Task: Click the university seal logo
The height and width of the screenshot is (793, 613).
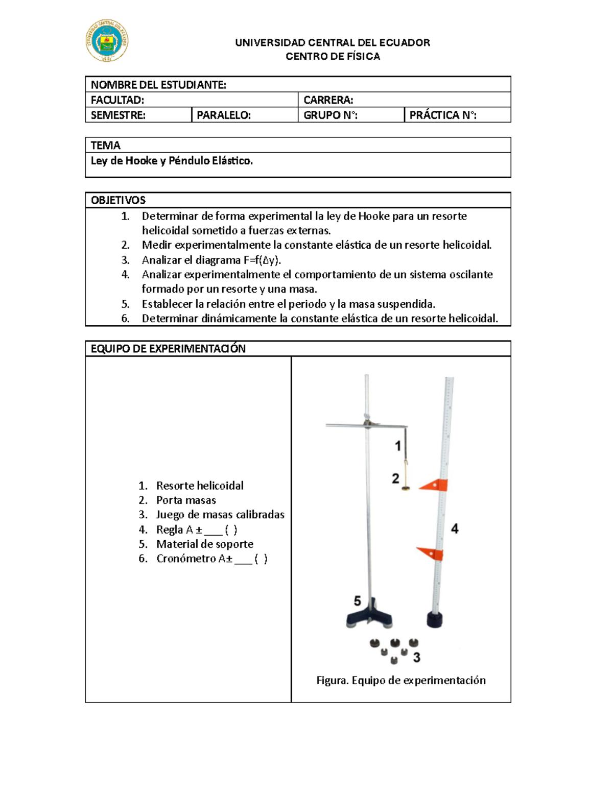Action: [x=107, y=41]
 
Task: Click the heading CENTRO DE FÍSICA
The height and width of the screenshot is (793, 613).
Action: [x=333, y=56]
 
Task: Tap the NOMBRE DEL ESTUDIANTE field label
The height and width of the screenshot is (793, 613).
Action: [x=158, y=85]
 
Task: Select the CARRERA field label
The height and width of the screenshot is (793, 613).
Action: [x=328, y=100]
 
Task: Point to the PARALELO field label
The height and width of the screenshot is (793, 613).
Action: [x=224, y=115]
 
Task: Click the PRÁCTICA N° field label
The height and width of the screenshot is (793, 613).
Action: [x=443, y=115]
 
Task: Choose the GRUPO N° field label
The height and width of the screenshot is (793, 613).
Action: [x=330, y=115]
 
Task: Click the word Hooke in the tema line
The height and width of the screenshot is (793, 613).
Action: [x=142, y=161]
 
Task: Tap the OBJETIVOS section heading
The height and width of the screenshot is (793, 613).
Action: [x=118, y=200]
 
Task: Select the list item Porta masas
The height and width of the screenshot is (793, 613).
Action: [x=186, y=500]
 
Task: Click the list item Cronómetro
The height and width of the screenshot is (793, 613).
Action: [x=194, y=559]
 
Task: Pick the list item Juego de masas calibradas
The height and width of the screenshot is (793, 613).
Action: [x=220, y=515]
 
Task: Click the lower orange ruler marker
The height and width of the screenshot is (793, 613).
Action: [x=430, y=553]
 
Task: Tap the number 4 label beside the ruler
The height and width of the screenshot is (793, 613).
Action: [x=455, y=528]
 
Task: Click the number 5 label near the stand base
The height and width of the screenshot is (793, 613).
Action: [x=358, y=601]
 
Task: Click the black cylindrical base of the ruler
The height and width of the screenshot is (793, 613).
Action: [x=435, y=620]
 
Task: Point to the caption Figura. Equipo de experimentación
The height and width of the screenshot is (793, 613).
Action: [x=401, y=680]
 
